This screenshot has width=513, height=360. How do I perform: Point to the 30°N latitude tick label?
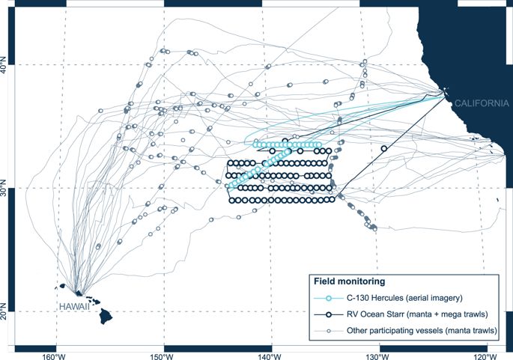pos(5,188)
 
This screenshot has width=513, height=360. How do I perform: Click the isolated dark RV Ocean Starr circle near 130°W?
pos(384,148)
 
